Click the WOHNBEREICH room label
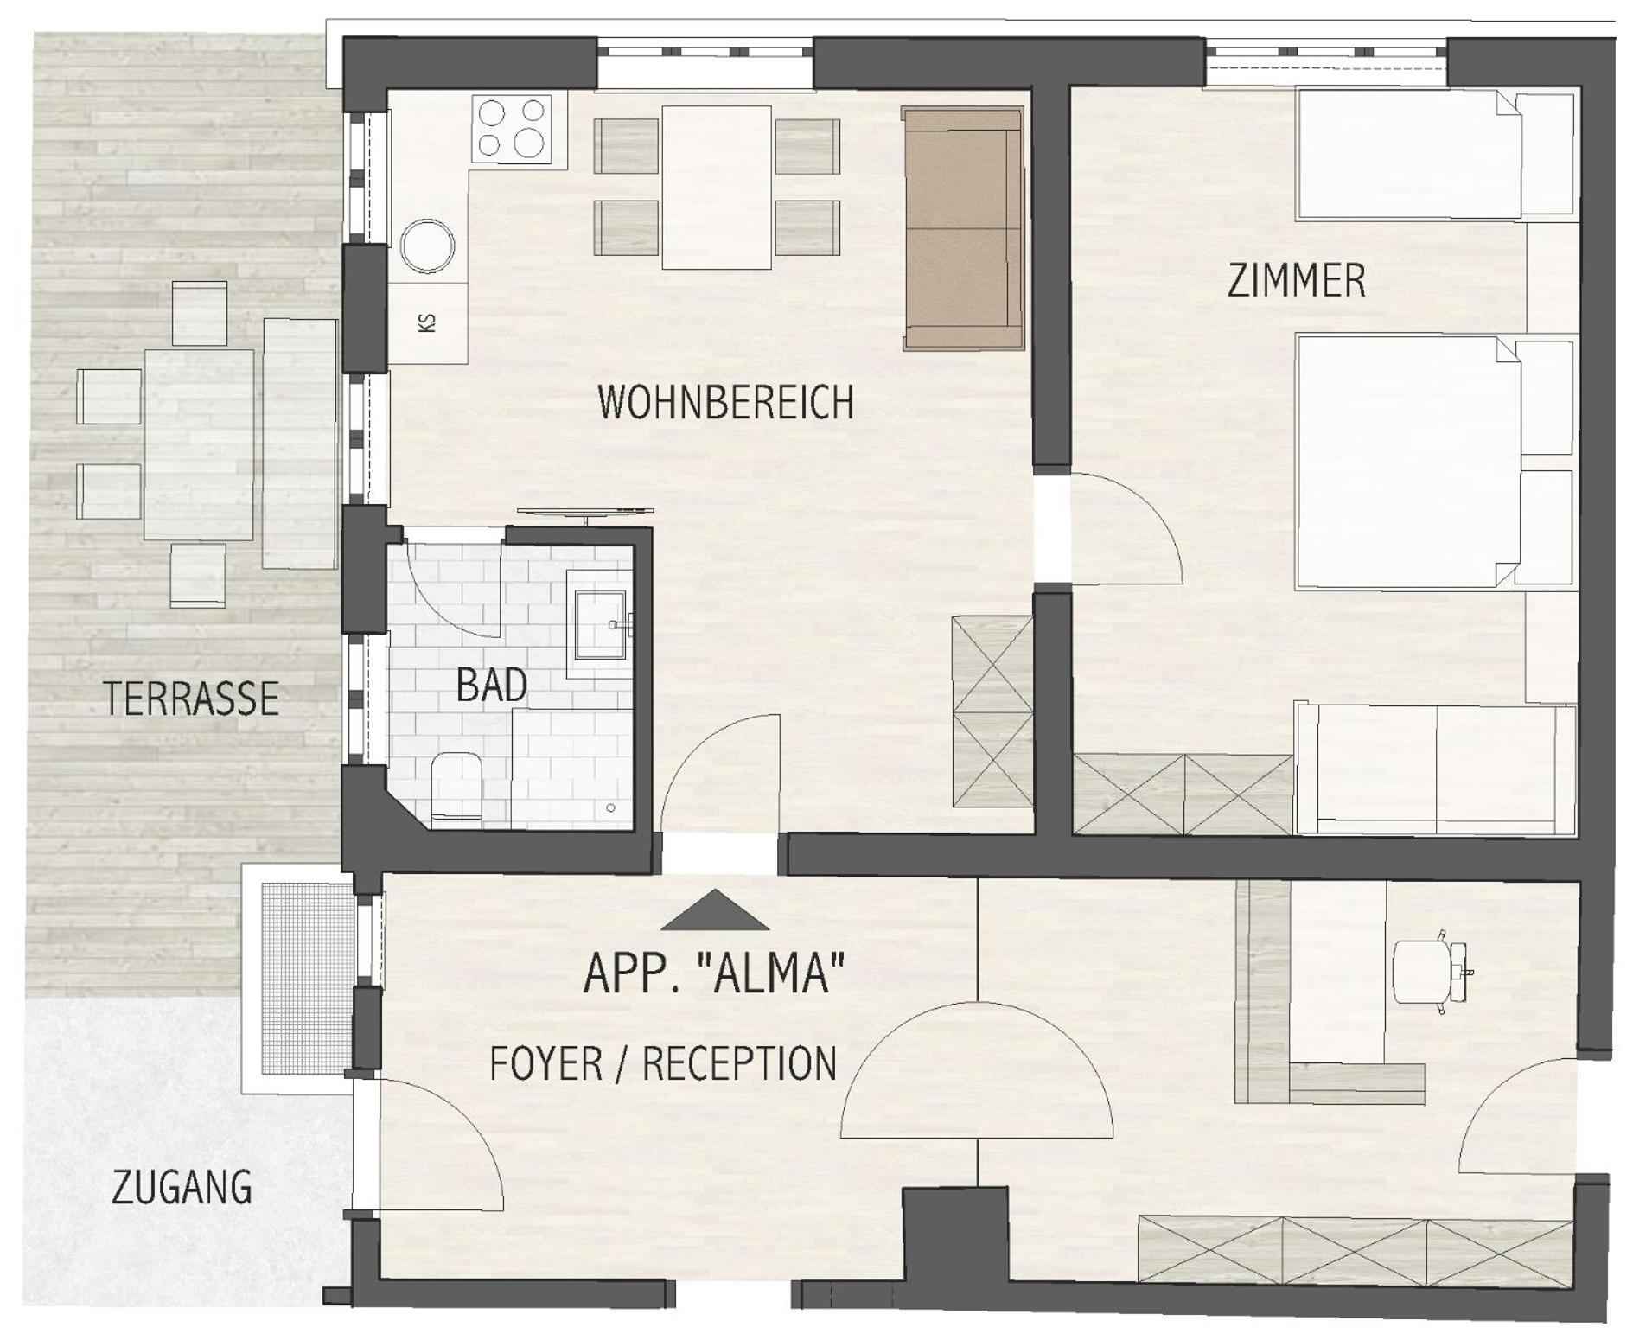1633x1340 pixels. tap(726, 402)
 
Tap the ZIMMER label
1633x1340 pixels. tap(1297, 282)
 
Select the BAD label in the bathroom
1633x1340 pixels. tap(491, 686)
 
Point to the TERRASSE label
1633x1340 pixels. tap(191, 699)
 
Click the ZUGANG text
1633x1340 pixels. tap(182, 1187)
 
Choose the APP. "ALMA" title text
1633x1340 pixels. tap(714, 972)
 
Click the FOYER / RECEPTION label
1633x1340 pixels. tap(663, 1063)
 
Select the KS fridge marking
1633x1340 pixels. tap(427, 322)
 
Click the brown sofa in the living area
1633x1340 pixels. tap(963, 227)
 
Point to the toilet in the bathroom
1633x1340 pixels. tap(456, 786)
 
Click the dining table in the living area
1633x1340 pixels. tap(717, 187)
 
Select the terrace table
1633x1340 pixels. tap(199, 444)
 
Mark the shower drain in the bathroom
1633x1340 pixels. tap(611, 807)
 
